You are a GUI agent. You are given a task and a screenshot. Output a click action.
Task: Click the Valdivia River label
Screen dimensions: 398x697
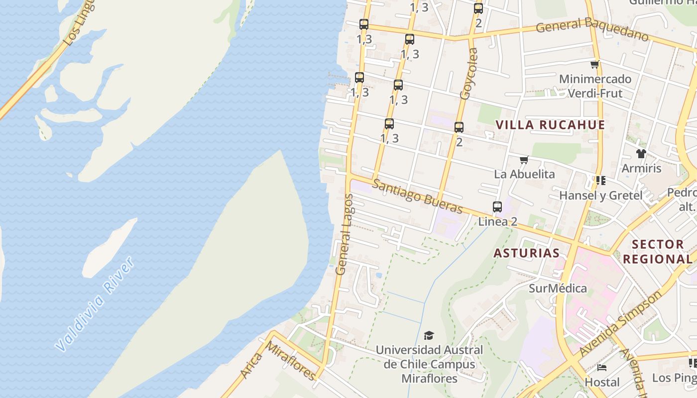point(95,304)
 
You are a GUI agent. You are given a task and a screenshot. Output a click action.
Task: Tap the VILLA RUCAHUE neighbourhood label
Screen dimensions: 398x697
point(551,125)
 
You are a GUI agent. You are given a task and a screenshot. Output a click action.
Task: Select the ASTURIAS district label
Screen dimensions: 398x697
point(526,253)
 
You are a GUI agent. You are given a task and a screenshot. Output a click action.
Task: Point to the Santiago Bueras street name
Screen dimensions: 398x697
point(417,197)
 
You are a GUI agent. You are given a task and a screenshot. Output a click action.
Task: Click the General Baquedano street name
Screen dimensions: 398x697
point(592,29)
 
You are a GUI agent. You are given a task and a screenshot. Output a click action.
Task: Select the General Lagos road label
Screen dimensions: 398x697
point(344,234)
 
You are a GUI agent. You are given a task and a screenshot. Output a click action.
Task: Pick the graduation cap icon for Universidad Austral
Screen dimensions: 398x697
point(429,336)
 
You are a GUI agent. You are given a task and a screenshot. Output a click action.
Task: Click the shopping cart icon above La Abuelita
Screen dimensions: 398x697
point(524,160)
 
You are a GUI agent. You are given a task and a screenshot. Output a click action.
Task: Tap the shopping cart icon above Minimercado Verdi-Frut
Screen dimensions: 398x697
point(594,64)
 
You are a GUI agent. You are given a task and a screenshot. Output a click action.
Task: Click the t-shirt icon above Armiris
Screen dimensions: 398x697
point(641,154)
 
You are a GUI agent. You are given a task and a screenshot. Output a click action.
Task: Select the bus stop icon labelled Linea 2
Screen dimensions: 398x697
point(497,207)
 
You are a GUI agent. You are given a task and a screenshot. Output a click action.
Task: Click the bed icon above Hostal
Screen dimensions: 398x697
point(602,368)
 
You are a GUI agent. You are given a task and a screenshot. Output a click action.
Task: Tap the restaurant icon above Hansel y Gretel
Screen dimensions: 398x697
point(600,180)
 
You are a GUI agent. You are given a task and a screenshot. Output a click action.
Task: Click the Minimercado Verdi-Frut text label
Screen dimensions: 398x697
point(595,86)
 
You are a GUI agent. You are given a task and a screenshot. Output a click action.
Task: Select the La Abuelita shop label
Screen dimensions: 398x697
point(524,174)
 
